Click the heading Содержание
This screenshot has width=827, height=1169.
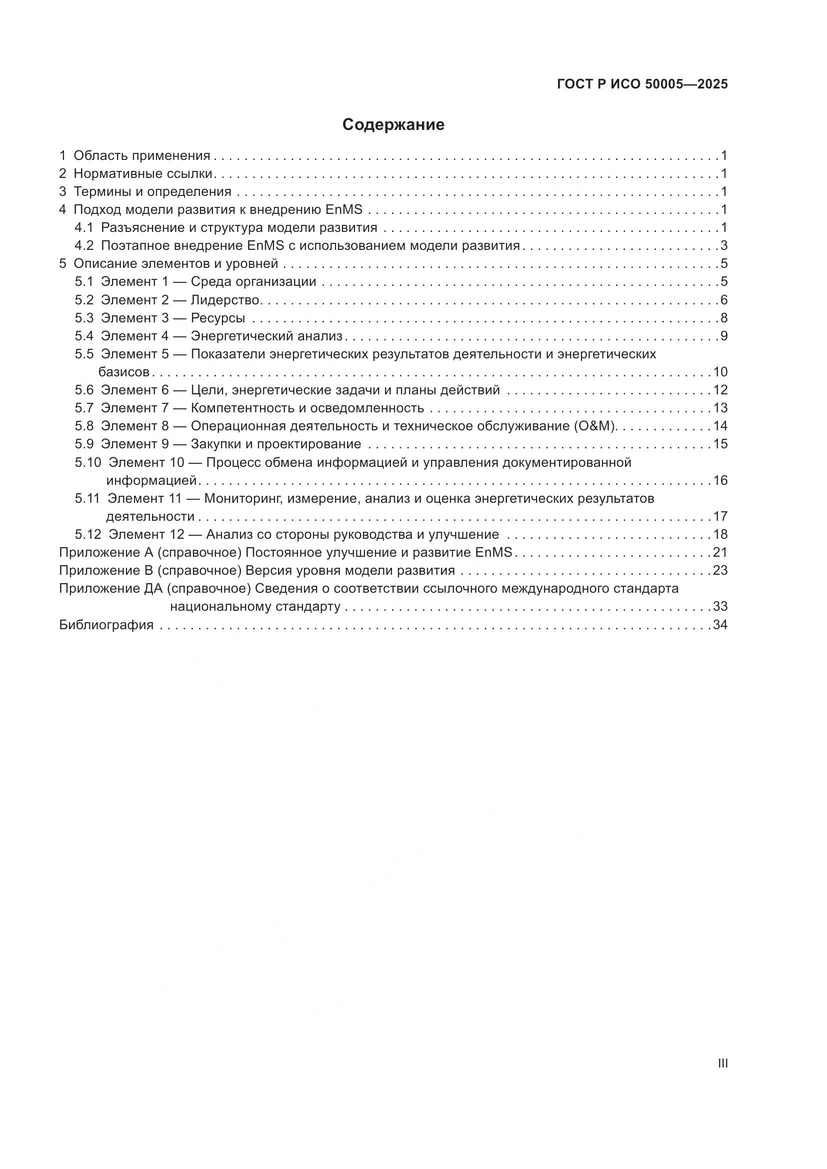pyautogui.click(x=393, y=125)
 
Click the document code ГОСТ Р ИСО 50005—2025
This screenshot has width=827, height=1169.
pyautogui.click(x=642, y=84)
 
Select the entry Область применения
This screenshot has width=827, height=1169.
pyautogui.click(x=141, y=156)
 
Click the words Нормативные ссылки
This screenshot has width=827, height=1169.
pyautogui.click(x=142, y=173)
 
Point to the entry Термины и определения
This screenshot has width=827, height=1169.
pyautogui.click(x=152, y=192)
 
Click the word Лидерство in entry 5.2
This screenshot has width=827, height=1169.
pyautogui.click(x=225, y=300)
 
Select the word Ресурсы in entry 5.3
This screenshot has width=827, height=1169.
pyautogui.click(x=218, y=318)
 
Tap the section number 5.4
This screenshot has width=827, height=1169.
pyautogui.click(x=84, y=336)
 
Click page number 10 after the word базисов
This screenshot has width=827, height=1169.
pyautogui.click(x=720, y=372)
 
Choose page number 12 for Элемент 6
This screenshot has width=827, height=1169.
pyautogui.click(x=720, y=390)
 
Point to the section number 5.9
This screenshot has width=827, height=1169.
pyautogui.click(x=84, y=444)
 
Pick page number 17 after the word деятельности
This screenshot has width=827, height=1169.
pyautogui.click(x=720, y=516)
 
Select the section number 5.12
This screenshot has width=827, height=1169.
pyautogui.click(x=87, y=535)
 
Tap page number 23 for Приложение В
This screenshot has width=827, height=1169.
pyautogui.click(x=720, y=570)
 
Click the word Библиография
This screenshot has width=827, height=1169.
pyautogui.click(x=106, y=625)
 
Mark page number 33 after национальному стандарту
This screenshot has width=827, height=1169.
pyautogui.click(x=720, y=606)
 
